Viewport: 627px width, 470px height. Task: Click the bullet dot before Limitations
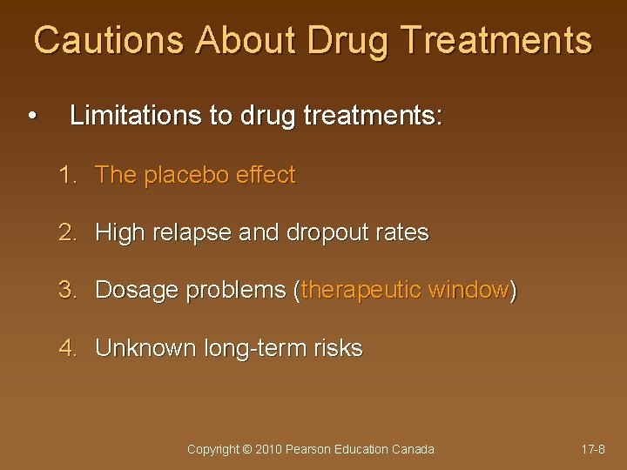[32, 117]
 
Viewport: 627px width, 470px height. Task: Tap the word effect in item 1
[266, 175]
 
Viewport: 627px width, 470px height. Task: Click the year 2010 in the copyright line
[268, 449]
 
